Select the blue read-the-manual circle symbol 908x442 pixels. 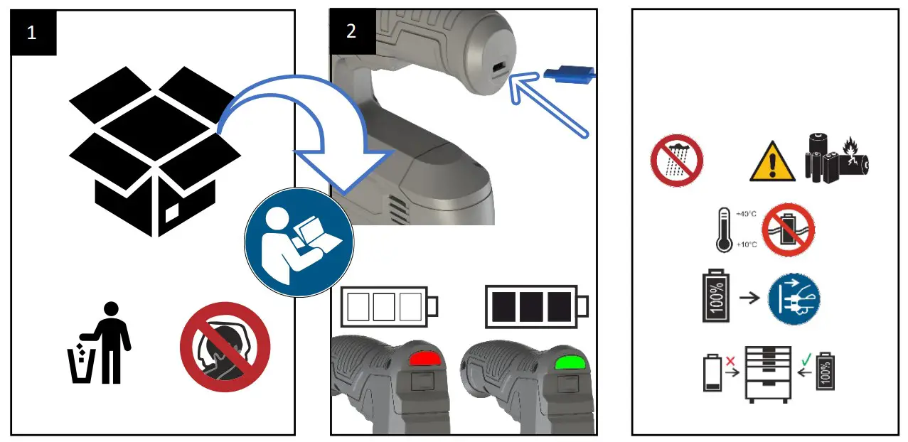(299, 242)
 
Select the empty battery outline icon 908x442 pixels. (389, 306)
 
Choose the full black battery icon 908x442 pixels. (537, 306)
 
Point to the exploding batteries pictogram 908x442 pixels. (837, 157)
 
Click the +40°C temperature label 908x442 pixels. (746, 214)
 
